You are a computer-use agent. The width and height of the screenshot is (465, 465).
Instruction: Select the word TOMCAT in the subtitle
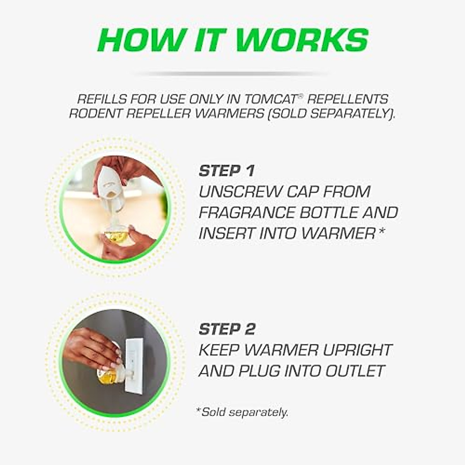coord(271,99)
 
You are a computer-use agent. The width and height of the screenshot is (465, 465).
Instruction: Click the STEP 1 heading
coord(226,171)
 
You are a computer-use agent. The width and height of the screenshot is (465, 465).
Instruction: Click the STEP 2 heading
coord(227,329)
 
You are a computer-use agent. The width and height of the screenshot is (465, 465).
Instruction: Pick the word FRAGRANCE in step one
coord(245,213)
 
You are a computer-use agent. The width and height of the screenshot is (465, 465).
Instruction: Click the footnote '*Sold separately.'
coord(242,412)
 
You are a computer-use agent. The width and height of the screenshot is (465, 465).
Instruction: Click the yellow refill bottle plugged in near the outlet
coord(107,374)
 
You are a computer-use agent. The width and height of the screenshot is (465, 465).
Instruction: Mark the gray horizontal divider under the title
coord(232,73)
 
